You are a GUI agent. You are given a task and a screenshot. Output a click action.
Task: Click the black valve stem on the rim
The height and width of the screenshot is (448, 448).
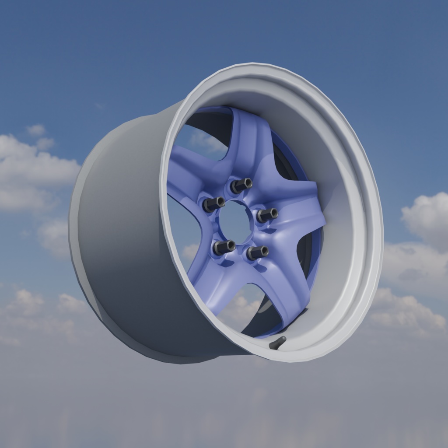click(x=278, y=343)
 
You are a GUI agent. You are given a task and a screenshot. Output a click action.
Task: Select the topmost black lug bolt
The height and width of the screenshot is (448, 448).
click(x=241, y=185)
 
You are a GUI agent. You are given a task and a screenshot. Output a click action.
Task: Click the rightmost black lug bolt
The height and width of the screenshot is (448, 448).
click(x=267, y=215)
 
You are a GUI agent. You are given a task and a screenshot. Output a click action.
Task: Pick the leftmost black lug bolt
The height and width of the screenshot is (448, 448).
click(x=214, y=203)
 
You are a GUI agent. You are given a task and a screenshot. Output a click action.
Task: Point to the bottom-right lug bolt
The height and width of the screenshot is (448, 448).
click(x=257, y=252)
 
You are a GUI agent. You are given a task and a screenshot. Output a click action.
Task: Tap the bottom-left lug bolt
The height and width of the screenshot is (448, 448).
click(x=224, y=247)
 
